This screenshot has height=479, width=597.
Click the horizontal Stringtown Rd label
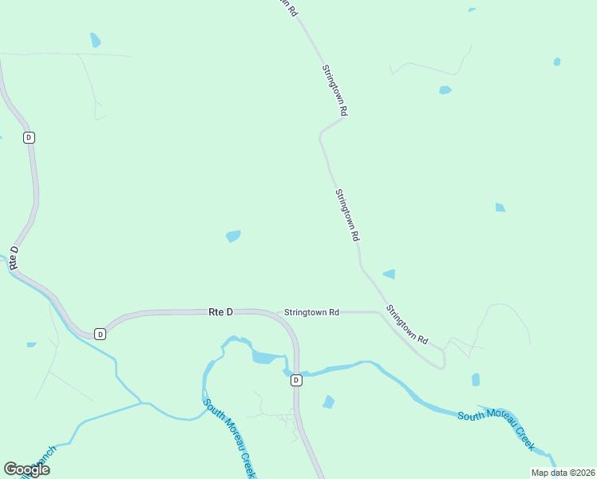tap(312, 312)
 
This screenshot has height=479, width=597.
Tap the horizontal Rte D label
tap(220, 312)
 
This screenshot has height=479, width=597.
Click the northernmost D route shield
tap(30, 137)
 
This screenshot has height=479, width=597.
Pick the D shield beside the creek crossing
tap(296, 380)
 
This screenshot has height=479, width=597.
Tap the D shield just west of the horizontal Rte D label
tap(100, 333)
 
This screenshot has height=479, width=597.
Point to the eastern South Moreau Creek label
tap(496, 427)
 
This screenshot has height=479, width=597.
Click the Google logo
tap(26, 469)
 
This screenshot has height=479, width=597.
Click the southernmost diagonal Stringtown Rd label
tap(407, 324)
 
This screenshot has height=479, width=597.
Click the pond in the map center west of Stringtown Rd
tap(233, 236)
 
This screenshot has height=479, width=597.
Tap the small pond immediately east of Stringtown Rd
tap(389, 274)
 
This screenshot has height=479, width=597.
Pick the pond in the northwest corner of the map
tap(96, 40)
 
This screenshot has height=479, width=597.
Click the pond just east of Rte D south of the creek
tap(328, 402)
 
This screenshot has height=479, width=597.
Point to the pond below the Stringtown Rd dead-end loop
tap(476, 379)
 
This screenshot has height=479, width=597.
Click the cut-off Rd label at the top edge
tap(290, 8)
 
